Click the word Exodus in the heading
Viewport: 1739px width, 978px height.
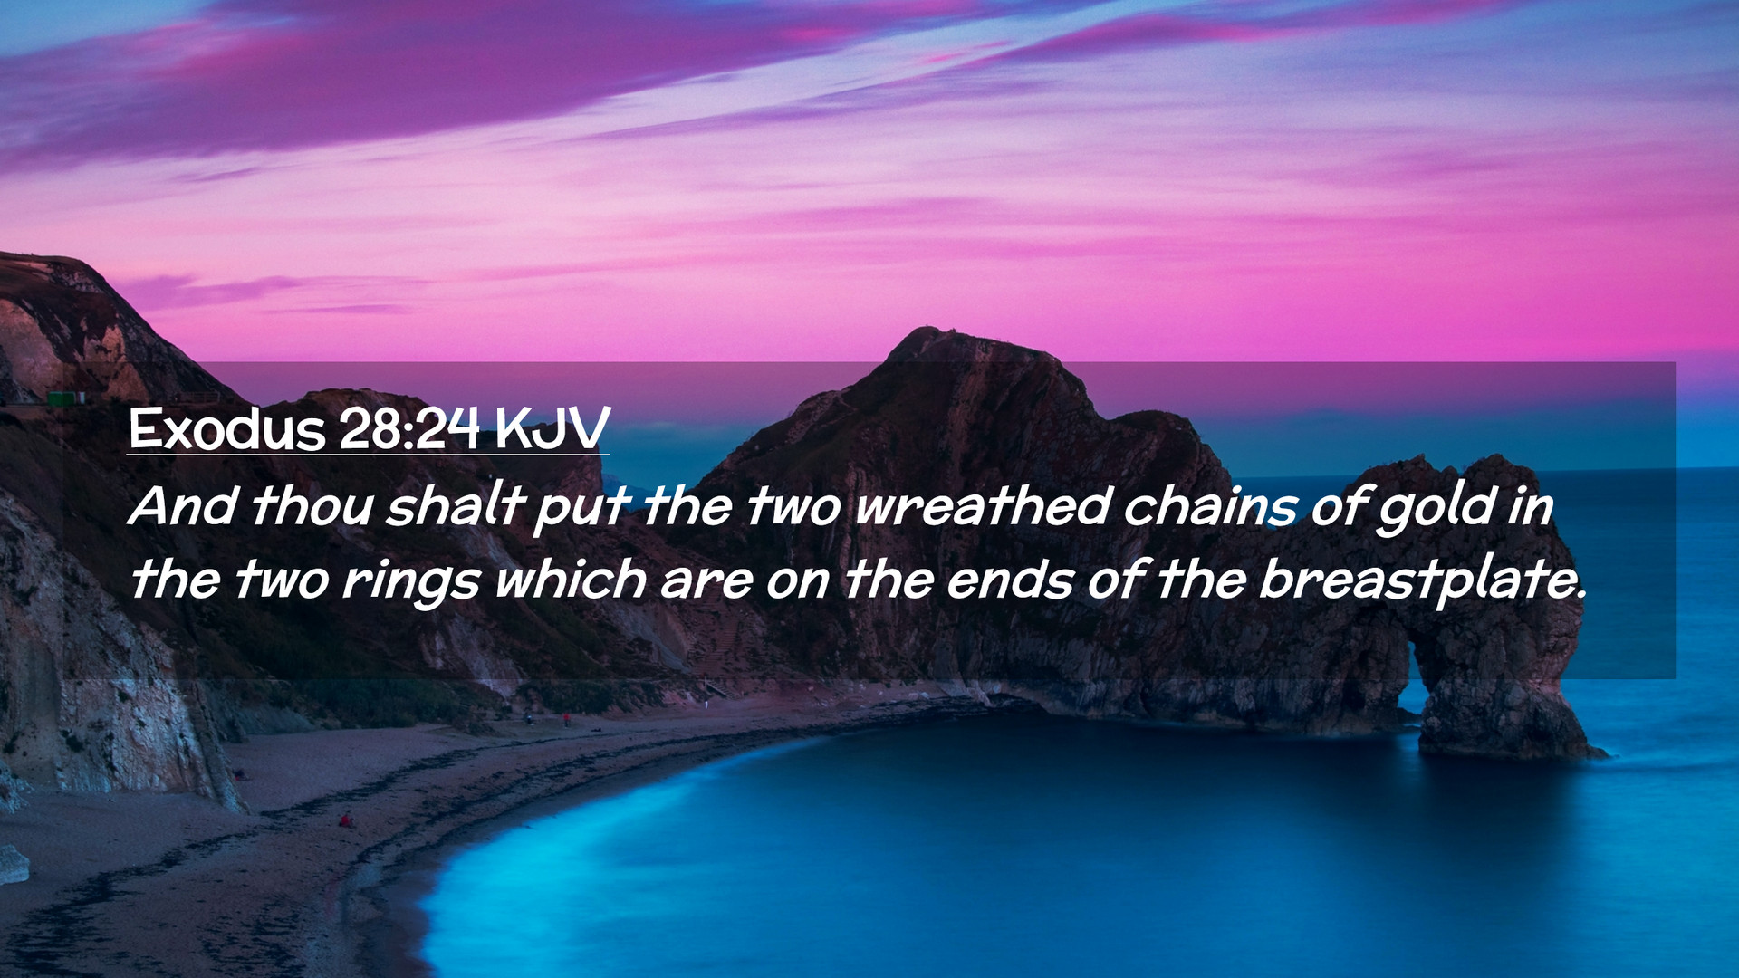click(226, 428)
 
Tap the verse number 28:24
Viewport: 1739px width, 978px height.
click(409, 428)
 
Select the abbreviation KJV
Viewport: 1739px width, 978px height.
click(552, 428)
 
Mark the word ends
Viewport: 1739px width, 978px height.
click(1009, 580)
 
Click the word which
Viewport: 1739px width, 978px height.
click(571, 580)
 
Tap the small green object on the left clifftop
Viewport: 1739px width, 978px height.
click(65, 398)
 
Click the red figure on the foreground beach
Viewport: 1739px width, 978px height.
click(344, 820)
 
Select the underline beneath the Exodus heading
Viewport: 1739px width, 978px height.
click(368, 454)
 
